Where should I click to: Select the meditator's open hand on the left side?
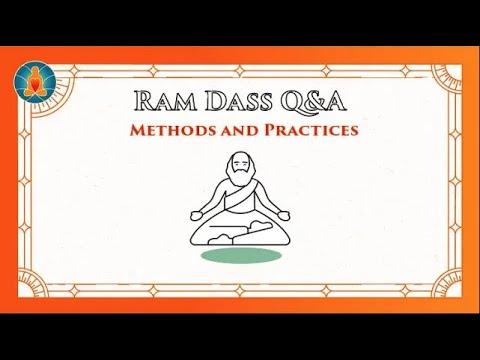pyautogui.click(x=197, y=211)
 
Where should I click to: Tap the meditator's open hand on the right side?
pyautogui.click(x=283, y=211)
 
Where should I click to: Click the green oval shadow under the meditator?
pyautogui.click(x=240, y=257)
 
